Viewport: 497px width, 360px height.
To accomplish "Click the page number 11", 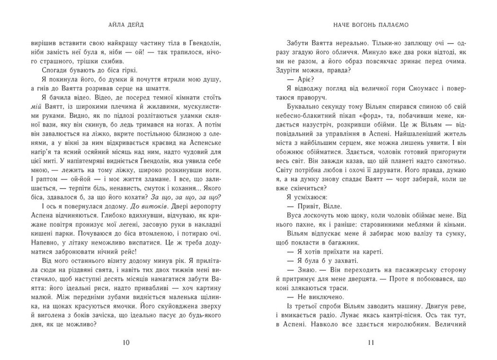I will (372, 343).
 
